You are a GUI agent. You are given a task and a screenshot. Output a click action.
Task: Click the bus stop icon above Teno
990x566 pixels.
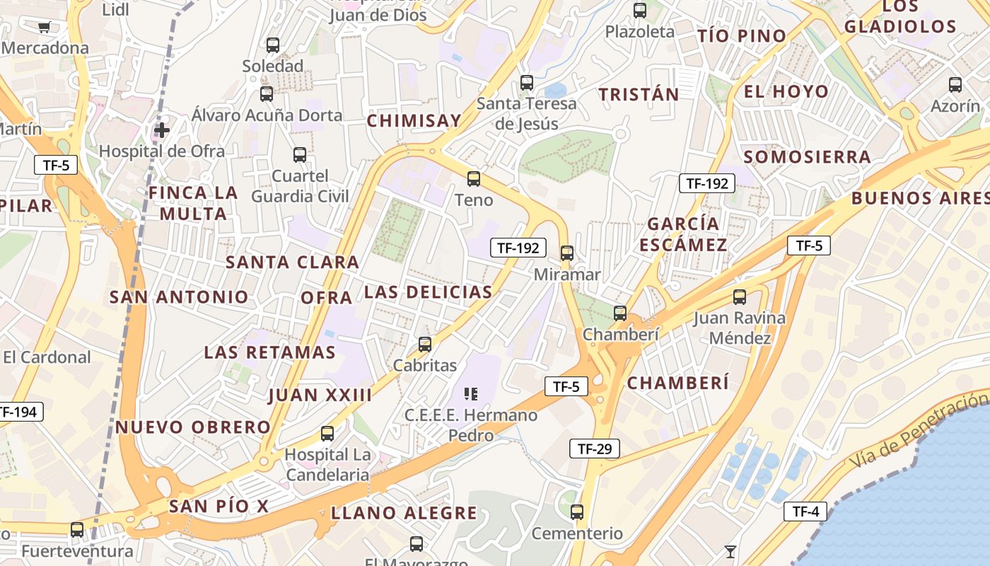coord(474,179)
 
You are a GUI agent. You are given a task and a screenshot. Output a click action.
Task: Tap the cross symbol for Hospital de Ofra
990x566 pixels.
coord(162,130)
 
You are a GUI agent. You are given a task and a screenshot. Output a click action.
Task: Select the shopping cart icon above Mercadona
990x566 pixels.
coord(45,28)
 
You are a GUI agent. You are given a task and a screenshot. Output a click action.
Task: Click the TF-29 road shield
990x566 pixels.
coord(594,449)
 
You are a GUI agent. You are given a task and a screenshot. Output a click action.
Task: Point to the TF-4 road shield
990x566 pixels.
coord(805,512)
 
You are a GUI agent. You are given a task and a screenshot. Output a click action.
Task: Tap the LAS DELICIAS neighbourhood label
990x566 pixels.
coord(428,292)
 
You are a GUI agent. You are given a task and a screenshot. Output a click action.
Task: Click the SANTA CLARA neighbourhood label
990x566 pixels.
coord(292,262)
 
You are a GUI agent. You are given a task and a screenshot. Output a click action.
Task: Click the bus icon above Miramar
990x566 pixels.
coord(566,253)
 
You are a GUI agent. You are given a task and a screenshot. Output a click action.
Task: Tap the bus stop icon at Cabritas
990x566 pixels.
coord(425,345)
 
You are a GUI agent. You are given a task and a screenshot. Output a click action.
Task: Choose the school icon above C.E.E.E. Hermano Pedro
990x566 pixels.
coord(471,393)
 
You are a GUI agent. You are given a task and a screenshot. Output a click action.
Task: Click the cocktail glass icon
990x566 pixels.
coord(730,550)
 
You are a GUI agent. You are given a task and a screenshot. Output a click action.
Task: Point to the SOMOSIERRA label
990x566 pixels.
coord(807,157)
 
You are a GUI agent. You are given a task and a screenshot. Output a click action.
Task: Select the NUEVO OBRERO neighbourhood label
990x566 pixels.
coord(193,427)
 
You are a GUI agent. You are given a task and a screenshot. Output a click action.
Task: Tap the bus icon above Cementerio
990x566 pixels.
coord(577,512)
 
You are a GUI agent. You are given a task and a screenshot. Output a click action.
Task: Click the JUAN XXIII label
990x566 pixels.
coord(320,395)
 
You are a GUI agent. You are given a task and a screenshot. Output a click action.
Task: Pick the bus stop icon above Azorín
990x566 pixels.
coord(955,85)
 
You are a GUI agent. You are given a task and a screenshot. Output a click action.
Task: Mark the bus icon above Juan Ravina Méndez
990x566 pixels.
coord(740,297)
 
